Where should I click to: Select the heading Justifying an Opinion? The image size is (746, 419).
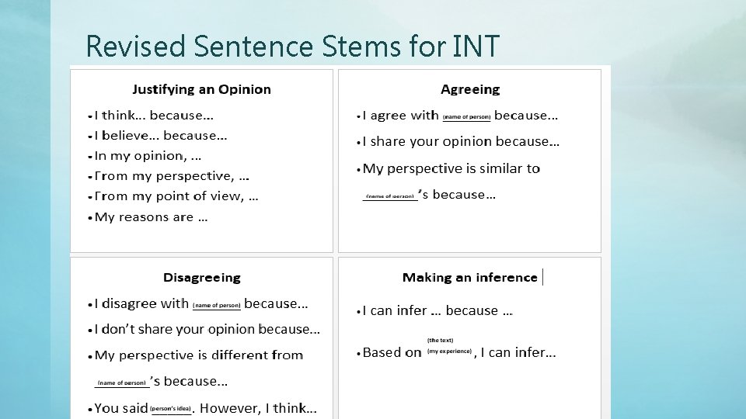pos(201,89)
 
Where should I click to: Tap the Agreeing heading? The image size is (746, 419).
pos(470,89)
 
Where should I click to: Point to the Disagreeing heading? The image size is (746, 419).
pos(202,277)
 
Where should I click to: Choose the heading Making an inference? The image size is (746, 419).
pos(470,277)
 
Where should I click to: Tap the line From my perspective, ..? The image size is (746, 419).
pos(172,176)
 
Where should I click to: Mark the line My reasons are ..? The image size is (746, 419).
pos(151,217)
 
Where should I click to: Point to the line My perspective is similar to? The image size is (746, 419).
pos(451,168)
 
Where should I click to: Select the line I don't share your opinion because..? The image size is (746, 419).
pos(207,329)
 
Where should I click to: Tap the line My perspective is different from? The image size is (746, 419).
pos(199,355)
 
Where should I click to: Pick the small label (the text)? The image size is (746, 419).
pos(440,340)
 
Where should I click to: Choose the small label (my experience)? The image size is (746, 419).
pos(450,351)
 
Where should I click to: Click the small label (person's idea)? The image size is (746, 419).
pos(171,408)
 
